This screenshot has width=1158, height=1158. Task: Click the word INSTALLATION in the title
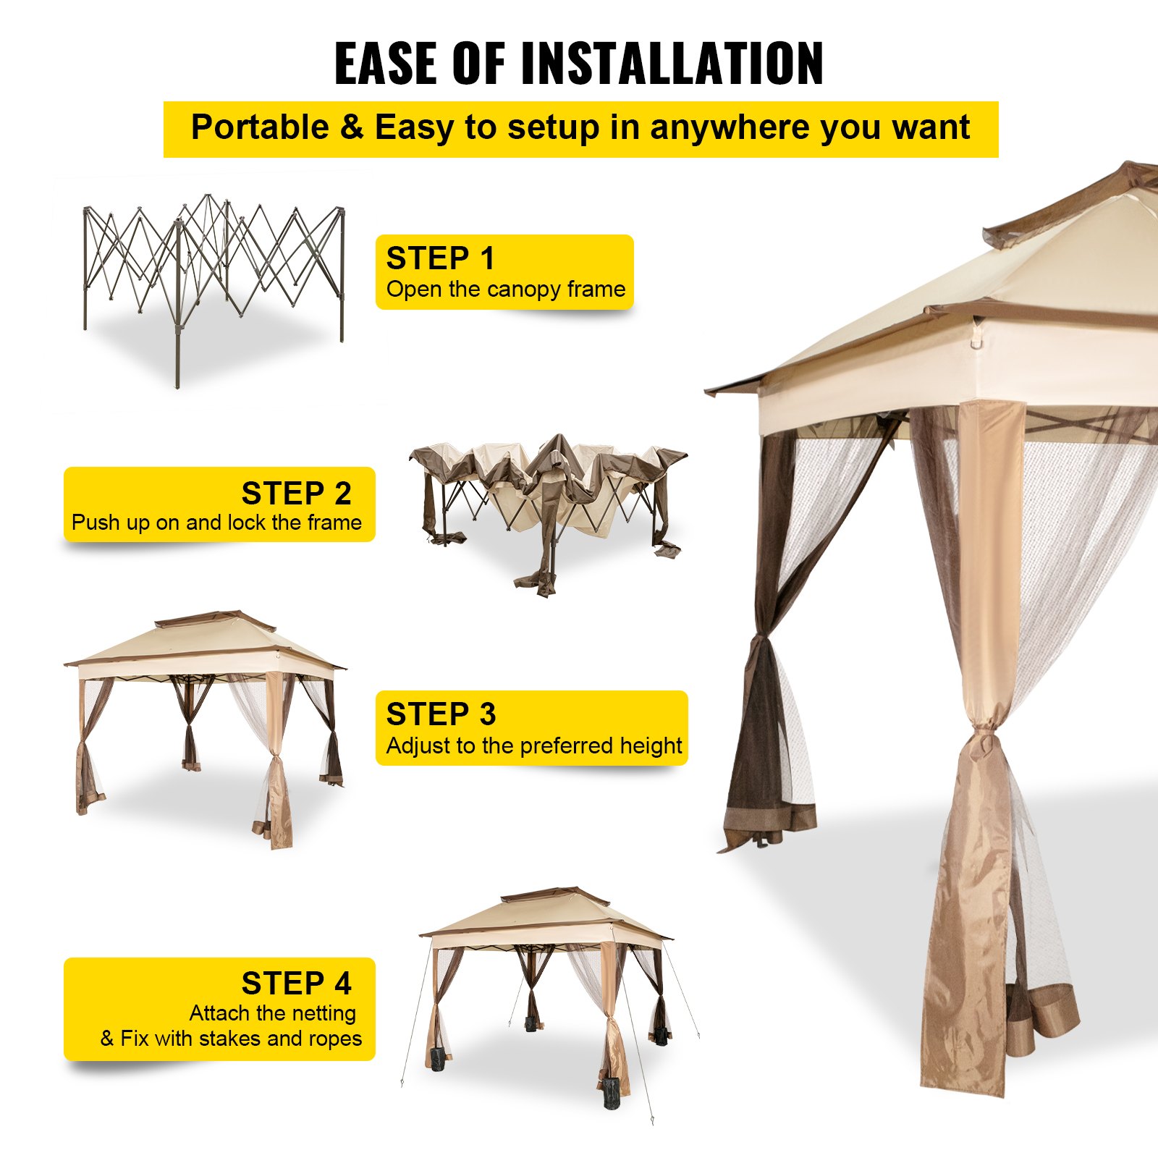click(672, 64)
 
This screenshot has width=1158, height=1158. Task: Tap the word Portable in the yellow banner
click(259, 127)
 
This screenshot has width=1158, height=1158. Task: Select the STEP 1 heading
click(440, 258)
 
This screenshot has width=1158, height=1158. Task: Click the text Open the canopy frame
click(505, 289)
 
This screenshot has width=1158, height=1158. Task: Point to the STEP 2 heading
click(296, 494)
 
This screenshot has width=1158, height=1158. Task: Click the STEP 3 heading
click(441, 714)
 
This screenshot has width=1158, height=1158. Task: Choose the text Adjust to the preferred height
click(533, 745)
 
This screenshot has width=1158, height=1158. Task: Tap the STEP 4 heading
click(296, 984)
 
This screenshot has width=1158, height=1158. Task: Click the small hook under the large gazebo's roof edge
click(976, 339)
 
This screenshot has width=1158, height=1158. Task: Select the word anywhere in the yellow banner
click(730, 127)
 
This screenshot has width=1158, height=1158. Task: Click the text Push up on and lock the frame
click(216, 523)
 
